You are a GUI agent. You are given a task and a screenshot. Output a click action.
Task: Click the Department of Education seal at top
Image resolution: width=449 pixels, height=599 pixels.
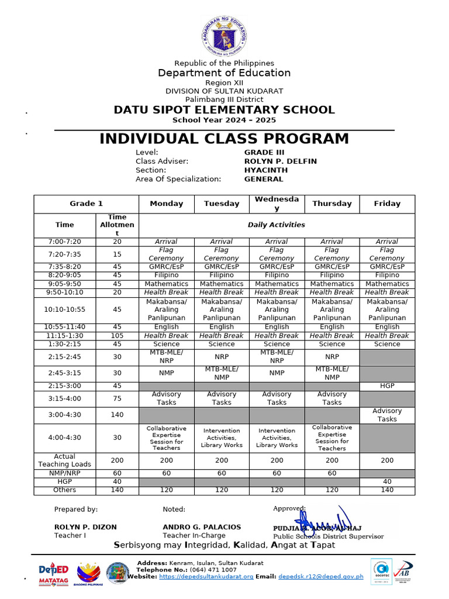click(224, 35)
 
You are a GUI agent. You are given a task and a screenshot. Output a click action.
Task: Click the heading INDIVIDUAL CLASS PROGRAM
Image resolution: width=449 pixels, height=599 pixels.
click(224, 139)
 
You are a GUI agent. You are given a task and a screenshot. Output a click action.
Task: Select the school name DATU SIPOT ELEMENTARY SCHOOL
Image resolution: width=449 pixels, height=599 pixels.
click(224, 110)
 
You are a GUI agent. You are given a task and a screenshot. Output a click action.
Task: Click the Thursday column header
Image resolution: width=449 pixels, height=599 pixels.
click(332, 204)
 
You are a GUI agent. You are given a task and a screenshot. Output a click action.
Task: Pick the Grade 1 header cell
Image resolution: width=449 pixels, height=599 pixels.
click(86, 204)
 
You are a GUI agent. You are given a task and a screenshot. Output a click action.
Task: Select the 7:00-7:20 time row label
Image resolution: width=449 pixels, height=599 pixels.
click(64, 242)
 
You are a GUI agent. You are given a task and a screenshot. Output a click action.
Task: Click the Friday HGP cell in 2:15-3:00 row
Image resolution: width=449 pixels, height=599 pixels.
click(387, 386)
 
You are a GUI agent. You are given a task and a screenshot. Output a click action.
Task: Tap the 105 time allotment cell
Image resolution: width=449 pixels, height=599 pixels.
click(117, 336)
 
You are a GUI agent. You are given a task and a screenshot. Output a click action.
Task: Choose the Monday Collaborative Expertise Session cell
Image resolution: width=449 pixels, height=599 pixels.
click(166, 438)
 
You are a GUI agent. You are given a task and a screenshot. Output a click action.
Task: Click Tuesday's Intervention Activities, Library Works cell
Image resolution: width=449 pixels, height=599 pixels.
click(222, 438)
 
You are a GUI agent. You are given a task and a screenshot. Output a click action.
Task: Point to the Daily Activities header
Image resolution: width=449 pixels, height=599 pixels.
click(277, 225)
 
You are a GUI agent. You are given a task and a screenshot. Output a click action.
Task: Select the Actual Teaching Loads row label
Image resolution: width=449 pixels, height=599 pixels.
click(64, 460)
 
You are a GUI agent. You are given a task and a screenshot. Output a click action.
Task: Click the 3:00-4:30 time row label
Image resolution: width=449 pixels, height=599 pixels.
click(64, 415)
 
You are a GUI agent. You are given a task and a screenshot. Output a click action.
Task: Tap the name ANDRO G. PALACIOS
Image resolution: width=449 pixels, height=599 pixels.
click(202, 527)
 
